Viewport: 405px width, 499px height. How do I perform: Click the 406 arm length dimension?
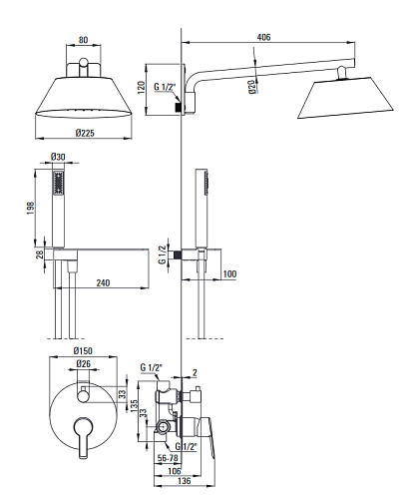263,37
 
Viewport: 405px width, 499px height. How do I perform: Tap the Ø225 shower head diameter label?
85,133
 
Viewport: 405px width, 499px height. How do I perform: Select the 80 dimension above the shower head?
83,40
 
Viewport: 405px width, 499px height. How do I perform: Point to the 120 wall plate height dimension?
142,88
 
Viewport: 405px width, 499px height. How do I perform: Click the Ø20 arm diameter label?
252,87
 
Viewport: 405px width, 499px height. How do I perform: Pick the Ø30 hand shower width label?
58,157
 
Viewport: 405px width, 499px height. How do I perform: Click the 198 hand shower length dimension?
31,208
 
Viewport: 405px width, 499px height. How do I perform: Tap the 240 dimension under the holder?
103,282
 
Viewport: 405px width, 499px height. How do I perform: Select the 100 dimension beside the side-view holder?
229,274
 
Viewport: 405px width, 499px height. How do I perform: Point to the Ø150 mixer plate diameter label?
83,350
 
